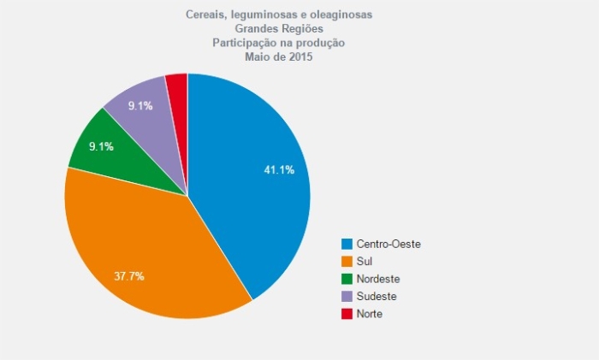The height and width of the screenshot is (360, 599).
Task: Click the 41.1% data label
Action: [279, 169]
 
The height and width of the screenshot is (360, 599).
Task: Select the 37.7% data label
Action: [128, 276]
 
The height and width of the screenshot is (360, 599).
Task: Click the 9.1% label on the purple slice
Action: [140, 106]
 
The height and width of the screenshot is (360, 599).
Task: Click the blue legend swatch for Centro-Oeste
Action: [347, 244]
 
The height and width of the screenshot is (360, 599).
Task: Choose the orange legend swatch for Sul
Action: [347, 261]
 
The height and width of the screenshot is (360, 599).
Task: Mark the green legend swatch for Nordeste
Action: [347, 279]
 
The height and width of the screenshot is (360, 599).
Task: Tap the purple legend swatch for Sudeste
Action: [347, 296]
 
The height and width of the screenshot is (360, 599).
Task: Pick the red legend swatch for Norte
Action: [347, 314]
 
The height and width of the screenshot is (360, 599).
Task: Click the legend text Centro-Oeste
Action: [388, 244]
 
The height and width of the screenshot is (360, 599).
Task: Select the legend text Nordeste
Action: [378, 279]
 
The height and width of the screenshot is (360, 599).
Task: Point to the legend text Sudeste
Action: [377, 296]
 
